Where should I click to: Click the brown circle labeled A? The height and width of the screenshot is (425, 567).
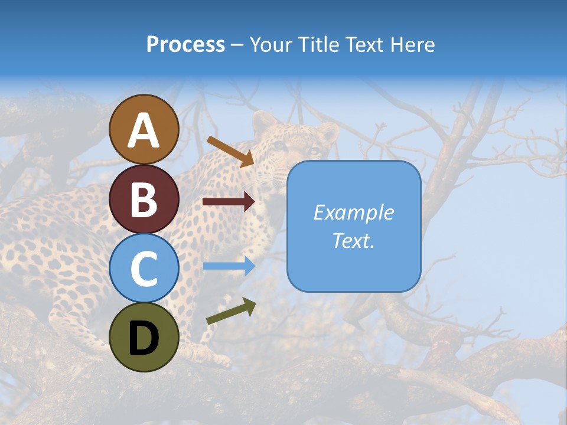pyautogui.click(x=144, y=129)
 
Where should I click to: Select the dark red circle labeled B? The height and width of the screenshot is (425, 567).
pyautogui.click(x=144, y=199)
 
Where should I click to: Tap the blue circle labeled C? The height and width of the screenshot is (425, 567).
pyautogui.click(x=144, y=268)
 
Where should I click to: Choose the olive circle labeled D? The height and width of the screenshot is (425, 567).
pyautogui.click(x=144, y=337)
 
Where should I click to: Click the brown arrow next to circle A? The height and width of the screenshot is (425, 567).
pyautogui.click(x=230, y=151)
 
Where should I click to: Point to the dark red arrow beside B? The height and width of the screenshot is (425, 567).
pyautogui.click(x=228, y=202)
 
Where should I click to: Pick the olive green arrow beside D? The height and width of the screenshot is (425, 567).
pyautogui.click(x=231, y=311)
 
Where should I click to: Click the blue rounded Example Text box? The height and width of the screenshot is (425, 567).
pyautogui.click(x=354, y=226)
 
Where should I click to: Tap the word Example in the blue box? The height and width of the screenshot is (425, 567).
pyautogui.click(x=354, y=212)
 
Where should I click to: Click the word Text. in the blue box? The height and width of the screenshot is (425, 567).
pyautogui.click(x=354, y=240)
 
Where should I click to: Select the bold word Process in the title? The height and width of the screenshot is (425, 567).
pyautogui.click(x=185, y=44)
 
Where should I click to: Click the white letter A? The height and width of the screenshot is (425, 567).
pyautogui.click(x=144, y=130)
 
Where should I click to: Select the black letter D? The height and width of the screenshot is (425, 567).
pyautogui.click(x=144, y=338)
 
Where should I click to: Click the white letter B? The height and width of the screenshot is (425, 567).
pyautogui.click(x=144, y=200)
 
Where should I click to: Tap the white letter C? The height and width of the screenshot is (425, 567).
pyautogui.click(x=144, y=269)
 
